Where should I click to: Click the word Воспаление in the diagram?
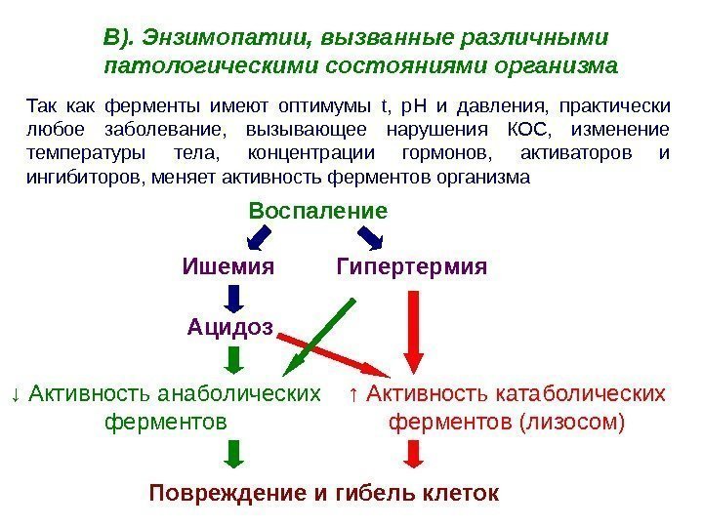[318, 211]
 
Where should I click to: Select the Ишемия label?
[228, 265]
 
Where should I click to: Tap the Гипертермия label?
[411, 265]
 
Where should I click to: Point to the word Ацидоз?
[229, 326]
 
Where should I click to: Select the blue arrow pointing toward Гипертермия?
[369, 237]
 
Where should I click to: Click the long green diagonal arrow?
[319, 337]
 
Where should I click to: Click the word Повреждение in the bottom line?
[228, 492]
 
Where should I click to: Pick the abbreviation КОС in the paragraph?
[529, 130]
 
